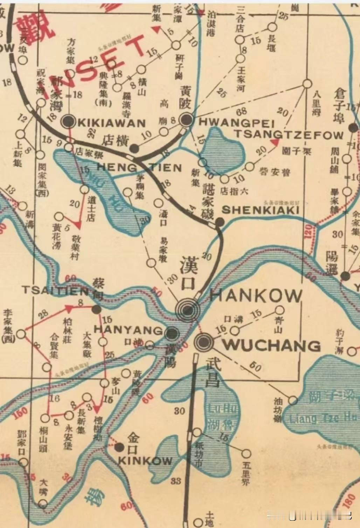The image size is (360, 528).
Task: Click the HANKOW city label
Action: (255, 296)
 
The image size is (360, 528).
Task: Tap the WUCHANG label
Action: (272, 345)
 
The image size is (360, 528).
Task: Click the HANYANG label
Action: (128, 330)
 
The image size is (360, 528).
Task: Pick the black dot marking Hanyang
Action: (172, 333)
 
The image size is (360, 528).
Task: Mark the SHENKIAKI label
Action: (261, 210)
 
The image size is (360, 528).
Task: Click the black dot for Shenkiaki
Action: (219, 222)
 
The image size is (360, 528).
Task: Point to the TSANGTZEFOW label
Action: (289, 135)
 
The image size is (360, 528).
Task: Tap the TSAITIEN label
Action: (55, 290)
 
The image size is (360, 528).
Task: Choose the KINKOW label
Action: (145, 460)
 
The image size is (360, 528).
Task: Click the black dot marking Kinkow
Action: (120, 447)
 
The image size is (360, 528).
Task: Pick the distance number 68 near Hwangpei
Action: (241, 112)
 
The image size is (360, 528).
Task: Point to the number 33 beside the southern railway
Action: (176, 481)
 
